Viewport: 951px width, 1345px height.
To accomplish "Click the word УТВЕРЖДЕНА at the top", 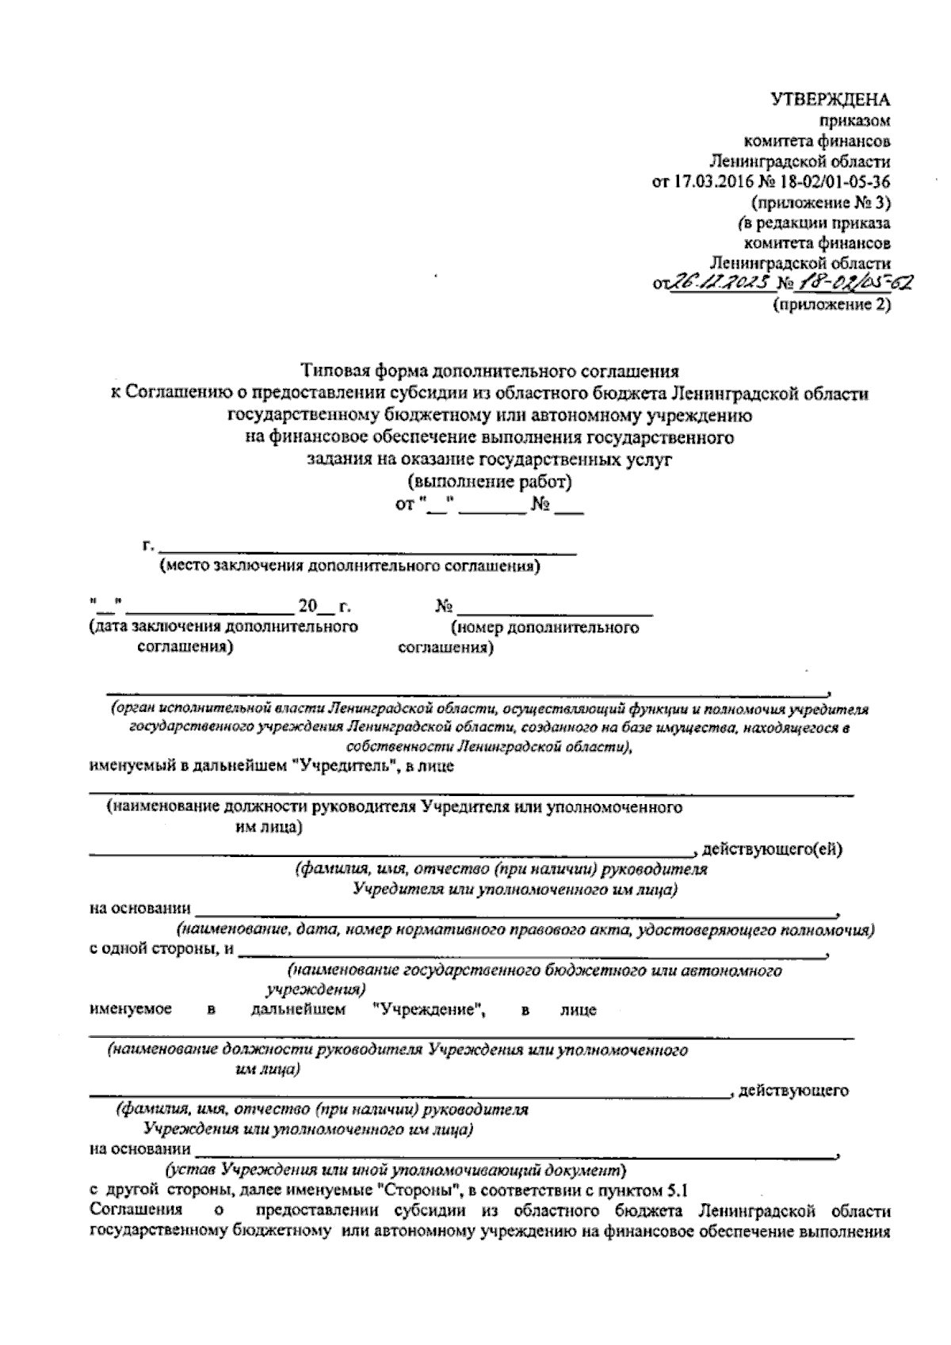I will (831, 101).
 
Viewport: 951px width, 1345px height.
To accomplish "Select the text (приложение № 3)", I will (823, 203).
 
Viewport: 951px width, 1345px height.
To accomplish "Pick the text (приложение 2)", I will (831, 304).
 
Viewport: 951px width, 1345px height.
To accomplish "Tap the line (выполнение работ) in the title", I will (489, 482).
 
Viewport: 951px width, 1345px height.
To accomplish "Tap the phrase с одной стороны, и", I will (162, 950).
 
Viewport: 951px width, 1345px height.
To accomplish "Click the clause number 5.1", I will (677, 1190).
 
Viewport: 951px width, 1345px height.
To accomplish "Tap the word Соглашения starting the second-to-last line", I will (136, 1211).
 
